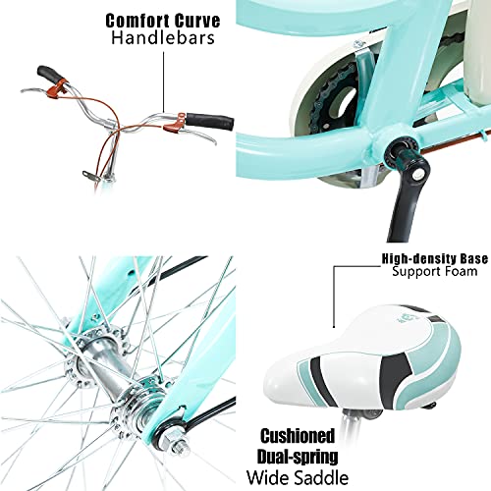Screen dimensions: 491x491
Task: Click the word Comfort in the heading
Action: (137, 21)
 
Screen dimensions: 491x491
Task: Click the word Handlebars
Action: (163, 37)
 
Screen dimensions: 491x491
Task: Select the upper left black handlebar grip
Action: (50, 75)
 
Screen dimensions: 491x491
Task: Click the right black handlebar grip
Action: (210, 121)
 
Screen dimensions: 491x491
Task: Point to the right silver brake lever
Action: (196, 135)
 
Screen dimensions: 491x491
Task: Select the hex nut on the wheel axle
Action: (176, 440)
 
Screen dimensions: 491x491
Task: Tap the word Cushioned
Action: (298, 436)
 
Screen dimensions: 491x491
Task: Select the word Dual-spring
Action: (298, 457)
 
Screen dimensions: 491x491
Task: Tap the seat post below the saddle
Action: (351, 420)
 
